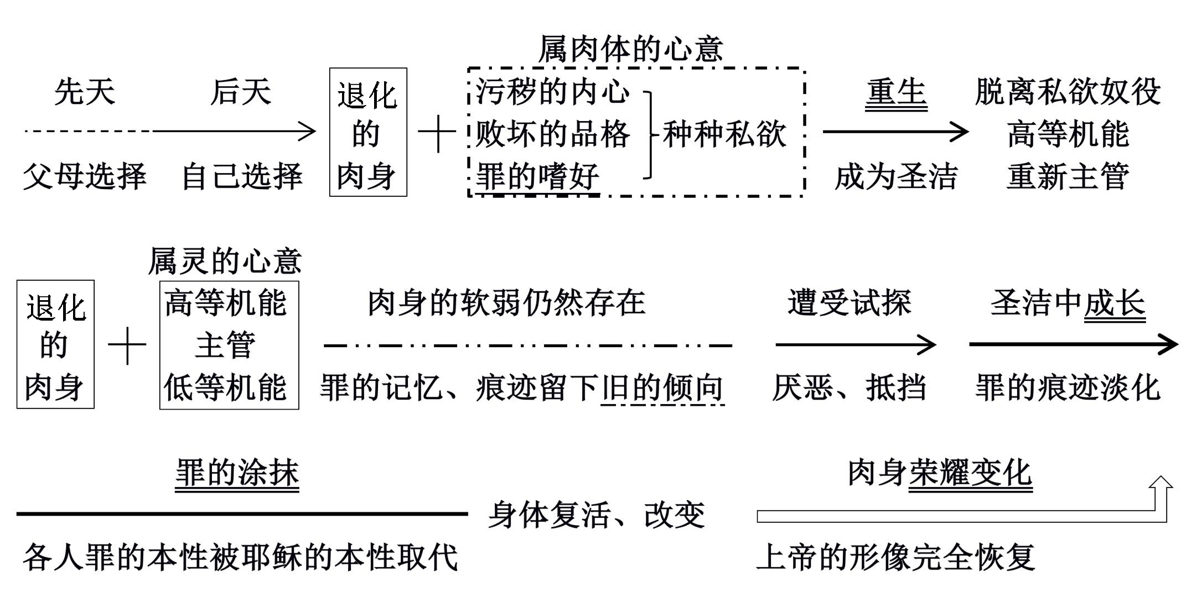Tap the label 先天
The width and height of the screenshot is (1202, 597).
point(85,92)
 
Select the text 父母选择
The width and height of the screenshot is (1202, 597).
point(84,177)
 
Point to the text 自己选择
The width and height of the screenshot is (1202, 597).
point(242,177)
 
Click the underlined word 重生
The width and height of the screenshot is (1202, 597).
point(896,92)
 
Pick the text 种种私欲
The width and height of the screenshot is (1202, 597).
point(724,134)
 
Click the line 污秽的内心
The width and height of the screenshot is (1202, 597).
point(553,92)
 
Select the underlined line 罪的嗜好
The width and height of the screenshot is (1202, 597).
point(537,177)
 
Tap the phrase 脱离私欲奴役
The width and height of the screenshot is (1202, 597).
point(1068,92)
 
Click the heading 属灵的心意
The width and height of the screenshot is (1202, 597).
point(225,261)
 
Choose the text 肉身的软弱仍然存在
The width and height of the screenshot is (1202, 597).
point(507,303)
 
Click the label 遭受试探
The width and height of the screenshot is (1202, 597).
point(849,303)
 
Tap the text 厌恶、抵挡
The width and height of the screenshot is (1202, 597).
point(849,387)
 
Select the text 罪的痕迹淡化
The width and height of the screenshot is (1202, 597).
point(1068,387)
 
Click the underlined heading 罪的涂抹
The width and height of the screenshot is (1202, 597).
point(237,473)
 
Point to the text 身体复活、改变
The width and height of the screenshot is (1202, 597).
point(597,515)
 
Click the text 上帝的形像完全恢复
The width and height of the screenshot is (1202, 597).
point(895,557)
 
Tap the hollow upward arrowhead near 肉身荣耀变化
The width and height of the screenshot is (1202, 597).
point(1160,484)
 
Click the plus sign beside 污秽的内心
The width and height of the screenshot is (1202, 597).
point(437,134)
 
